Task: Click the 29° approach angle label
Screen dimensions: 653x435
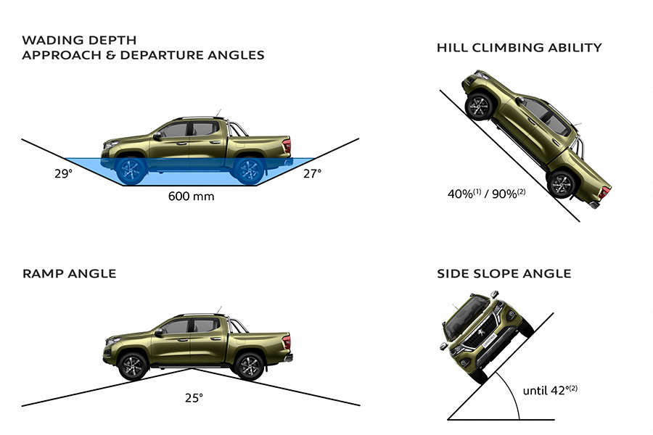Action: (63, 173)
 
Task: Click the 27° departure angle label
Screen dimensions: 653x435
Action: (312, 173)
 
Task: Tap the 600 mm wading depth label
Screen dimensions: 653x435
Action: (191, 196)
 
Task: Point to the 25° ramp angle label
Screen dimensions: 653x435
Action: (194, 398)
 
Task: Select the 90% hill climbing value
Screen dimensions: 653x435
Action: (509, 194)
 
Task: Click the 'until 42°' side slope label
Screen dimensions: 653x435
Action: (550, 391)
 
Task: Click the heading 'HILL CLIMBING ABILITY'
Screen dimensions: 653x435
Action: (519, 47)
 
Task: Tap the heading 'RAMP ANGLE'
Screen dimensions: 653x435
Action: (69, 273)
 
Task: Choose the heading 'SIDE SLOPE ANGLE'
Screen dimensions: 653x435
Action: (504, 273)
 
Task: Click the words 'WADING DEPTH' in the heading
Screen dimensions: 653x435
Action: (79, 40)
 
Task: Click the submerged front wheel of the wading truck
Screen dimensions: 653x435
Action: (131, 170)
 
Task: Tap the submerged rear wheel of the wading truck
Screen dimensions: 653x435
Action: (249, 170)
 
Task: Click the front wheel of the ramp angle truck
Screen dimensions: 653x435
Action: (134, 366)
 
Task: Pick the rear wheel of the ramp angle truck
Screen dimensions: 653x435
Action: (250, 366)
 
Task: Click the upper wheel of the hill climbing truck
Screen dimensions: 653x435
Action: (479, 107)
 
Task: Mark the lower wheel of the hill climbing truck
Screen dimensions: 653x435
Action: (561, 184)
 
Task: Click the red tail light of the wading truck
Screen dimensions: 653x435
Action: (287, 146)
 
